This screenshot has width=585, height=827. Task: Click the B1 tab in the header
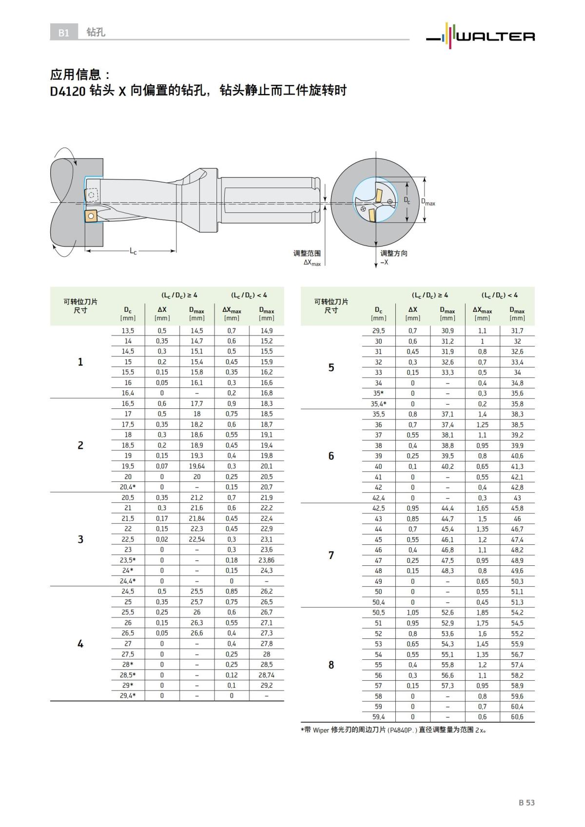click(63, 33)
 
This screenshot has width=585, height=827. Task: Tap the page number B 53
click(526, 802)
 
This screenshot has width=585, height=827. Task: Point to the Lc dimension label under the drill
click(133, 251)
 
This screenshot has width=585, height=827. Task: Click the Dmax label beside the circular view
click(428, 202)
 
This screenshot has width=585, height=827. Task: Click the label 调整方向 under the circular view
click(393, 253)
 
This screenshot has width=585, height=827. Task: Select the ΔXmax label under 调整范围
click(312, 263)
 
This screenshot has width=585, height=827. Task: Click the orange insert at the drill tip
click(90, 216)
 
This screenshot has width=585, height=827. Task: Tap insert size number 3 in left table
click(80, 539)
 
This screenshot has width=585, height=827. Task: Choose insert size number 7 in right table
click(331, 555)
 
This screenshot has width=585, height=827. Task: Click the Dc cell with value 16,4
click(128, 393)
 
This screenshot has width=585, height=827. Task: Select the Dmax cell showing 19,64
click(197, 466)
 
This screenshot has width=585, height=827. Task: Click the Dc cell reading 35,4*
click(378, 404)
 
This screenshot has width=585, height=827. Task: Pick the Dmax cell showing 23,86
click(266, 560)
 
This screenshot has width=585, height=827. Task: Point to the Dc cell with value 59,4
click(378, 716)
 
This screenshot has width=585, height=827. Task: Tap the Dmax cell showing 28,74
click(266, 675)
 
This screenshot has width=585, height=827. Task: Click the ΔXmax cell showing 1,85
click(482, 612)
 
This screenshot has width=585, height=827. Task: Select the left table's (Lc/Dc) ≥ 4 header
click(179, 295)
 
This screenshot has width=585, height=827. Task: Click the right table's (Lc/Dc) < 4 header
click(500, 295)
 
